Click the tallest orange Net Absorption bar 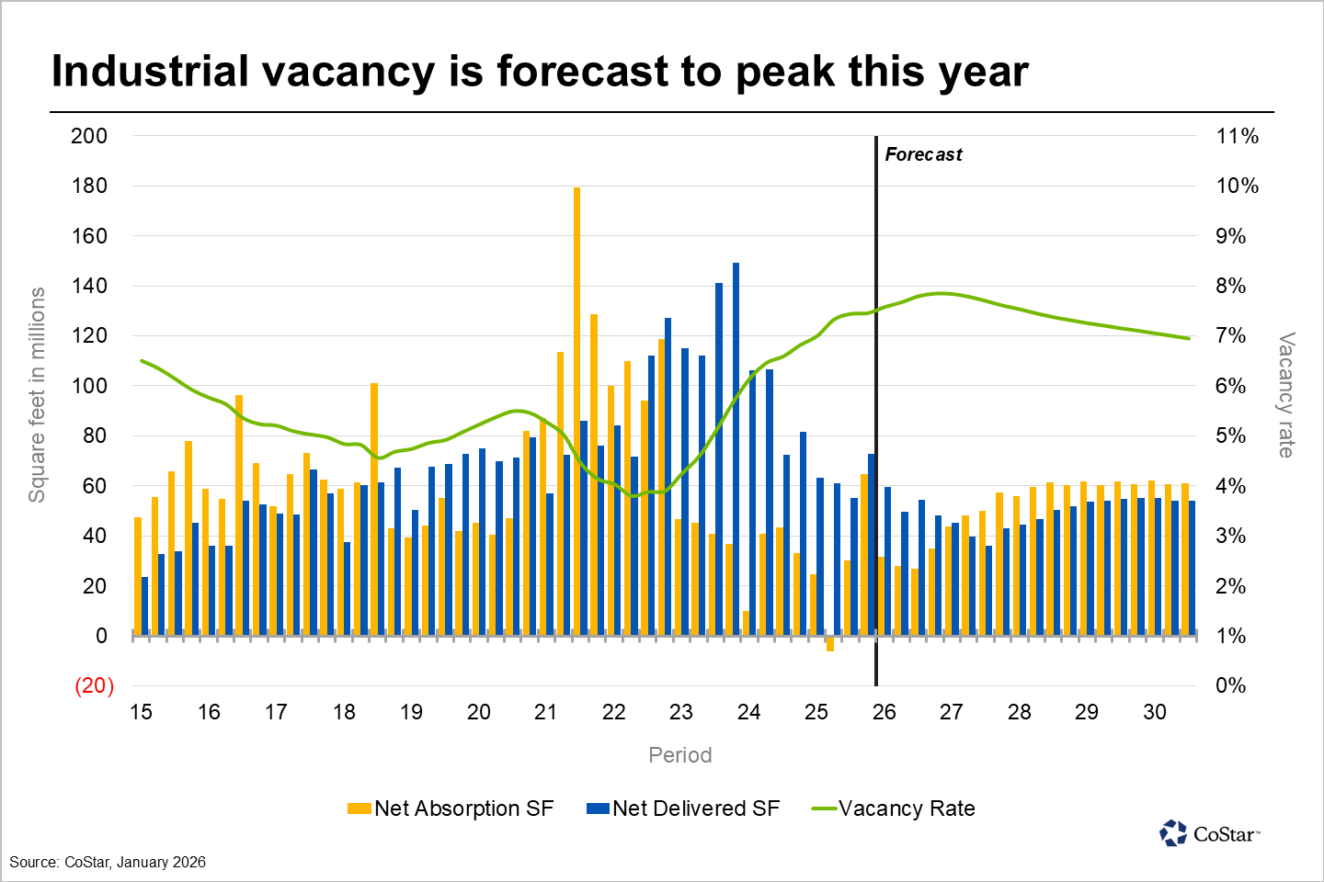click(x=576, y=404)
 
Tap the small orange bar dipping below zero click(x=829, y=644)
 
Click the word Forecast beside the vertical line click(x=923, y=154)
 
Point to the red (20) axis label click(x=94, y=685)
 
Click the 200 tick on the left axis click(x=89, y=136)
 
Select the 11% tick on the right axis click(x=1237, y=136)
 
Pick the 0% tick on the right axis click(x=1230, y=685)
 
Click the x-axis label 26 click(x=884, y=712)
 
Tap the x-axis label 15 click(x=141, y=712)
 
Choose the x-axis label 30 click(x=1154, y=712)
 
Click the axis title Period click(x=679, y=755)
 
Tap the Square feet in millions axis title click(x=37, y=395)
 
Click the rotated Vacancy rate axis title click(x=1286, y=395)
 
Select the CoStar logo click(x=1209, y=833)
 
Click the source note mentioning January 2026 click(x=108, y=863)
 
